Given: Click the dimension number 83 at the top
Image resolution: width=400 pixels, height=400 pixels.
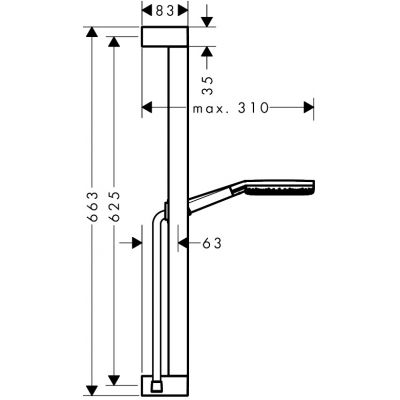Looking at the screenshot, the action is click(165, 11).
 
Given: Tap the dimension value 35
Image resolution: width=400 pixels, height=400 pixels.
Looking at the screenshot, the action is click(207, 85).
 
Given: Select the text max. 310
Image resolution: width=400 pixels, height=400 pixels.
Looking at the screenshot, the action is click(231, 108).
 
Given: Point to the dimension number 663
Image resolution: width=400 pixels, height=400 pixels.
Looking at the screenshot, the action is click(92, 207).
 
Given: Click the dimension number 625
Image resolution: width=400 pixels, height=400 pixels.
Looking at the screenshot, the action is click(114, 207).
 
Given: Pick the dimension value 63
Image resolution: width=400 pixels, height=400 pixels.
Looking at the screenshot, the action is click(212, 243).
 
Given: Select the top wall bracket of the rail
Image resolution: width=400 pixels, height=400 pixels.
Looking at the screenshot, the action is click(165, 36).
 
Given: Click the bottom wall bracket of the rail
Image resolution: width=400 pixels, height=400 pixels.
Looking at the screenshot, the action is click(165, 386).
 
